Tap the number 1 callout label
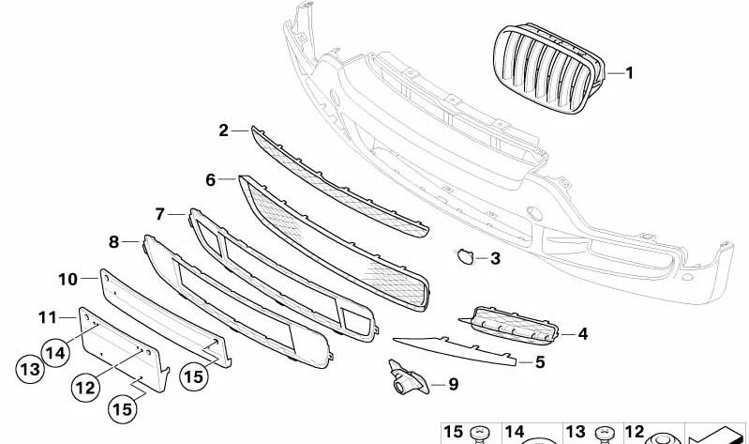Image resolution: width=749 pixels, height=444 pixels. (x=630, y=73)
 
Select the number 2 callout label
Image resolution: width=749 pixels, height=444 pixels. (x=223, y=130)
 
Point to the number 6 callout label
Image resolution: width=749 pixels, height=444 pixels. (x=211, y=180)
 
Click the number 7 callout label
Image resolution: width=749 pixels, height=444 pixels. (x=160, y=214)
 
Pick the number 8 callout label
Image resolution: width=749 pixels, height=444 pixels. (x=113, y=242)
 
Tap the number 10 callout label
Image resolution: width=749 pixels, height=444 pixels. (x=67, y=280)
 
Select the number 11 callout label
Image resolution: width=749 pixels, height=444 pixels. (x=48, y=317)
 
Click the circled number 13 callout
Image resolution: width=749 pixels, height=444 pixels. (x=30, y=369)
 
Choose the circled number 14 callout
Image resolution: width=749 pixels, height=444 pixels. (x=56, y=353)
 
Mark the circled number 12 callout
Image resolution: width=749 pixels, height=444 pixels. (x=86, y=388)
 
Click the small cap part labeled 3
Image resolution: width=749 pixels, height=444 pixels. (x=464, y=256)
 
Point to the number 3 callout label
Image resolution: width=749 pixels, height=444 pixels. (x=495, y=258)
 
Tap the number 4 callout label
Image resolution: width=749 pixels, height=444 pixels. (x=583, y=334)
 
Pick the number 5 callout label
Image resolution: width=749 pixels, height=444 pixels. (x=540, y=362)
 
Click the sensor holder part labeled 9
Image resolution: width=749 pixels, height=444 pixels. (x=408, y=378)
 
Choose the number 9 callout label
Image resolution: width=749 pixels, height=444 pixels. (x=454, y=384)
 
